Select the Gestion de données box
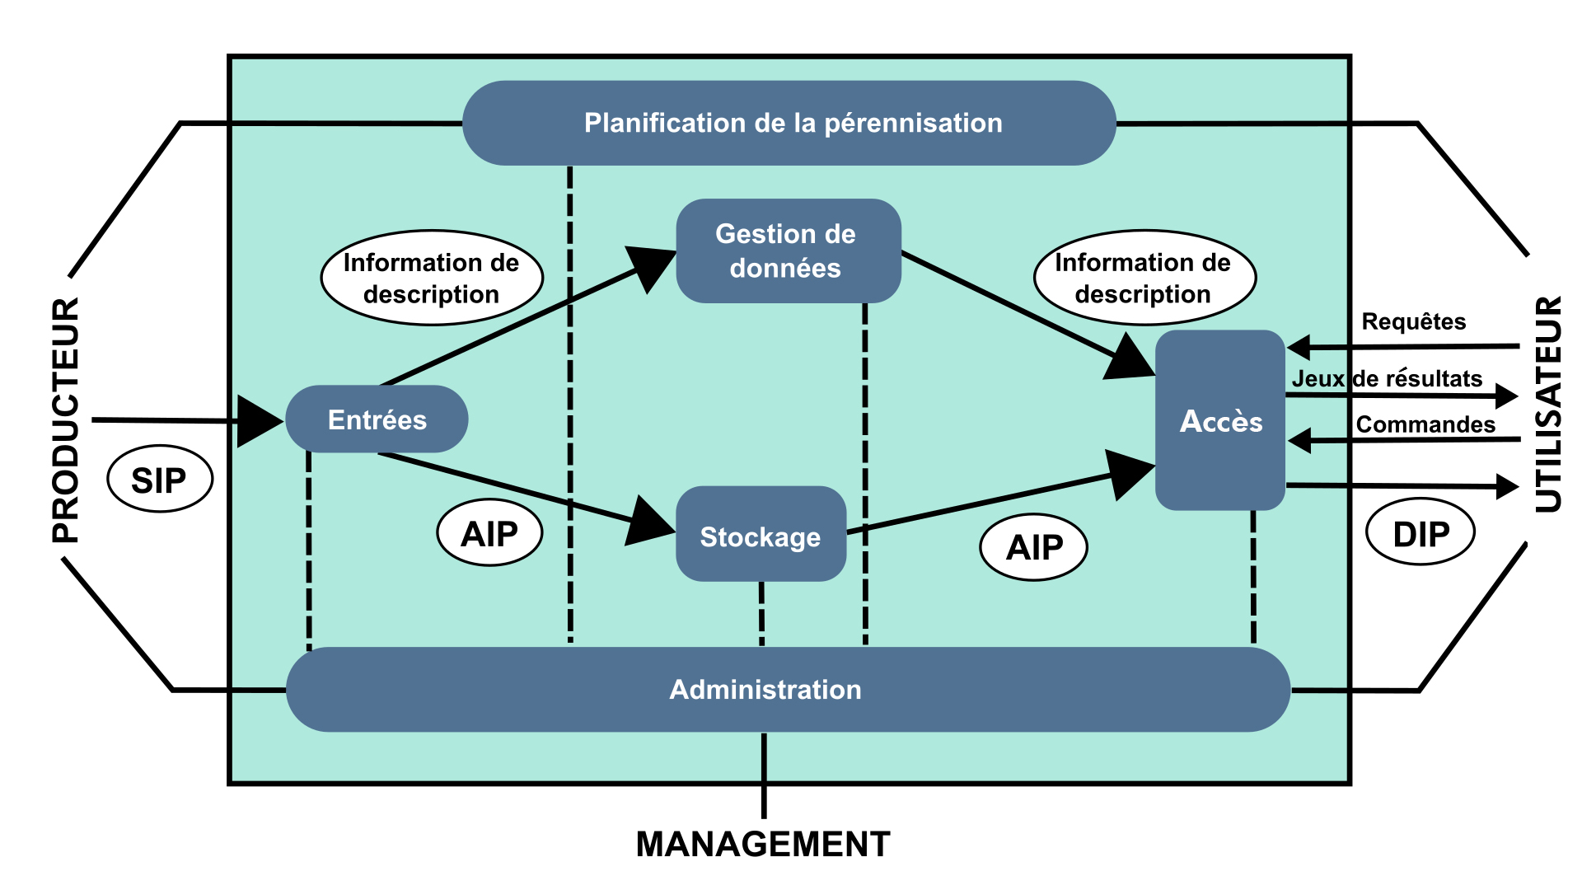[x=788, y=251]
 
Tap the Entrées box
[x=377, y=419]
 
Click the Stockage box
[x=761, y=535]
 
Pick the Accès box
[x=1220, y=420]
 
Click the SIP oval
[x=160, y=479]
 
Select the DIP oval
[x=1421, y=533]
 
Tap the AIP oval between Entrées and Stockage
[x=489, y=533]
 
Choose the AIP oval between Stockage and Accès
[x=1034, y=547]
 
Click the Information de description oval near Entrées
[x=432, y=278]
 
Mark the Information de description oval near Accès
[x=1144, y=278]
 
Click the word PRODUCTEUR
[x=66, y=420]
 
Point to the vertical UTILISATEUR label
[x=1548, y=404]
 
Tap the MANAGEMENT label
[x=763, y=845]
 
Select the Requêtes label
[x=1413, y=321]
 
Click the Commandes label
[x=1425, y=424]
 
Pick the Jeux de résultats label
[x=1387, y=379]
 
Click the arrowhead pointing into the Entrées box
[x=259, y=421]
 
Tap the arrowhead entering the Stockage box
[x=651, y=522]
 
